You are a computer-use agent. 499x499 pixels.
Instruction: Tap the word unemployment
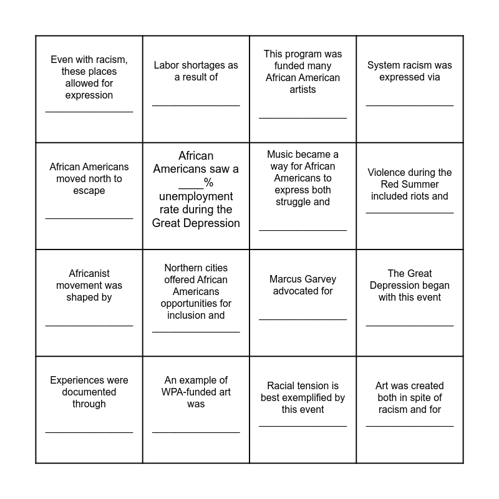tap(196, 196)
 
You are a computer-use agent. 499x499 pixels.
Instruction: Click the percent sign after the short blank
tap(209, 183)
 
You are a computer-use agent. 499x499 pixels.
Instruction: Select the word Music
tap(280, 155)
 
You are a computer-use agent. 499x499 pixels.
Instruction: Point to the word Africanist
tap(89, 274)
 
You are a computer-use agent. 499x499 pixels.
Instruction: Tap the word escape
tap(89, 191)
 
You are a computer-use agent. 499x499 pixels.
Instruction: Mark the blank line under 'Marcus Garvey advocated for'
tap(303, 319)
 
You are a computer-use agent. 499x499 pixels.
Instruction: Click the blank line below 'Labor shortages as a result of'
tap(196, 105)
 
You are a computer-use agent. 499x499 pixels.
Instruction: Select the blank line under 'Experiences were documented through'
tap(89, 432)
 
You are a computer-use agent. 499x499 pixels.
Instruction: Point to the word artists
tap(303, 90)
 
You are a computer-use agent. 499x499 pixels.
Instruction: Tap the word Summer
tap(424, 185)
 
